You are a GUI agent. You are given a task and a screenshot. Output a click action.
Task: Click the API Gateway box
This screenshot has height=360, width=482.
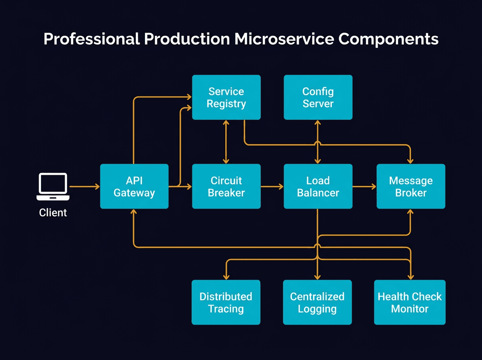tap(134, 186)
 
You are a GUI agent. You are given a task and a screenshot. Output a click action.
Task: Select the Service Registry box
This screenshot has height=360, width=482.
tap(226, 97)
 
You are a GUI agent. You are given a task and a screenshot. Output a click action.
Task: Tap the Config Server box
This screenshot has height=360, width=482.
tap(318, 97)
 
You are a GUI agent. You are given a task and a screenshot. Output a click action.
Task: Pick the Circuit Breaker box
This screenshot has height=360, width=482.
tap(226, 186)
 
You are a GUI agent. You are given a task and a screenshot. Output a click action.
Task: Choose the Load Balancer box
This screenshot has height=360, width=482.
tap(318, 186)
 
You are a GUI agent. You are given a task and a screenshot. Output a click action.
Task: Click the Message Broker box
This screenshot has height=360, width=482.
tap(411, 186)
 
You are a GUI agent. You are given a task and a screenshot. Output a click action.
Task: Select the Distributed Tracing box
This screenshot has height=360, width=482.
tap(226, 302)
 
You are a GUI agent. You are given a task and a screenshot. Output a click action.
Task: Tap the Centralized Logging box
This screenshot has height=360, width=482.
tap(317, 302)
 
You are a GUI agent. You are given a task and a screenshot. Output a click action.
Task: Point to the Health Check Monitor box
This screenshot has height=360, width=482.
tap(410, 302)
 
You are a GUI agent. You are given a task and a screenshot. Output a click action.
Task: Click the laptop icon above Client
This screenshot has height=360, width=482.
tap(53, 186)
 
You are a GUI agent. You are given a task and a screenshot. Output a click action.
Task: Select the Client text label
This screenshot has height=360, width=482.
tap(53, 213)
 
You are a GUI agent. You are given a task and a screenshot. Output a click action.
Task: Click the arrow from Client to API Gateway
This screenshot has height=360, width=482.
tap(84, 186)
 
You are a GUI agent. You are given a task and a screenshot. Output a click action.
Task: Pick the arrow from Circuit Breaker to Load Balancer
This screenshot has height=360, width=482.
tap(272, 186)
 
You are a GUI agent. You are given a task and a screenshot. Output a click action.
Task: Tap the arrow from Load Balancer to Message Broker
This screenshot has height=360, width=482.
tap(364, 186)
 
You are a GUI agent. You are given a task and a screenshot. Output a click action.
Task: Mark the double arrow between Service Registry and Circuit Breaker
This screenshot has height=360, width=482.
tap(226, 142)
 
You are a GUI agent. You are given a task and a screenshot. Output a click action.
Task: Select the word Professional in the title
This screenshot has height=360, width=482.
tap(92, 39)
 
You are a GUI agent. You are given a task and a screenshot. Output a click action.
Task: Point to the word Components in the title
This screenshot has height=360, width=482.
tap(388, 39)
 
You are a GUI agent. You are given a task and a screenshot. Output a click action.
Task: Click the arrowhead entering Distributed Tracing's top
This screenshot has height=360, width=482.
tap(226, 276)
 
